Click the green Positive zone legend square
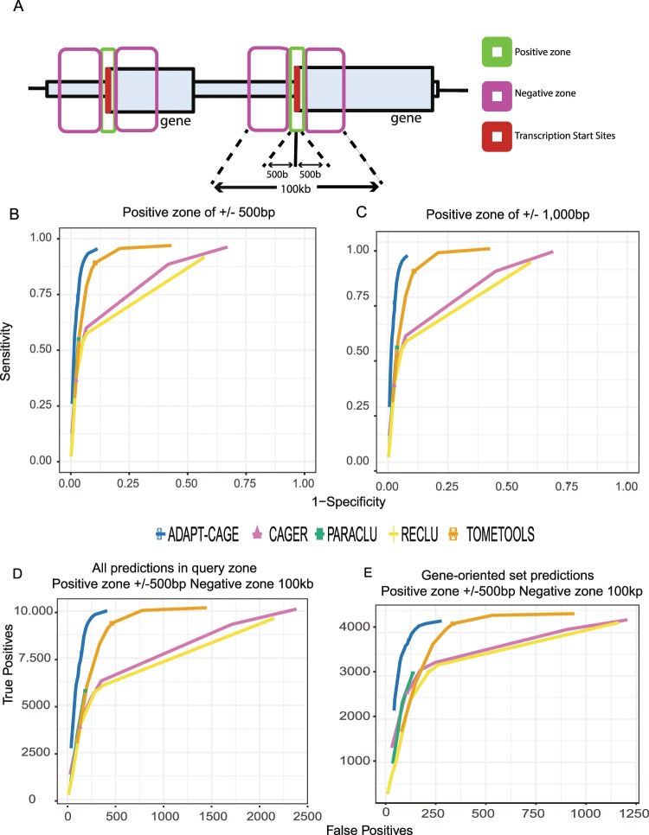498,53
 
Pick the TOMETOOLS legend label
510,534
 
